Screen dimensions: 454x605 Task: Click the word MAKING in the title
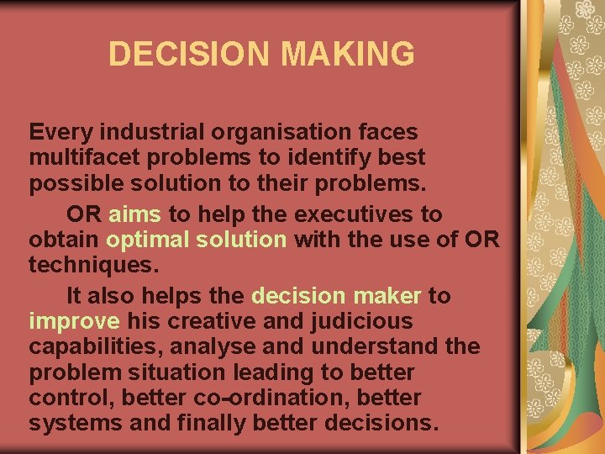point(348,54)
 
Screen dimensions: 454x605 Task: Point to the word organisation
point(271,132)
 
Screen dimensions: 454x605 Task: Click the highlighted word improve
point(73,321)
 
